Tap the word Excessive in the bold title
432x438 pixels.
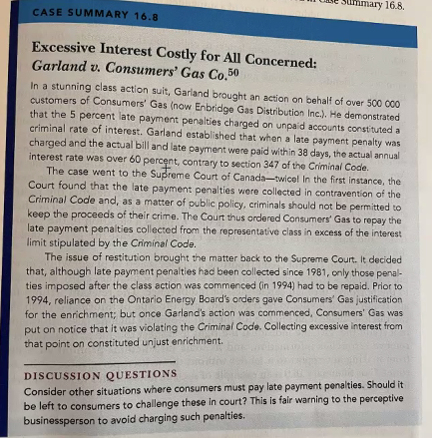[x=71, y=55]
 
